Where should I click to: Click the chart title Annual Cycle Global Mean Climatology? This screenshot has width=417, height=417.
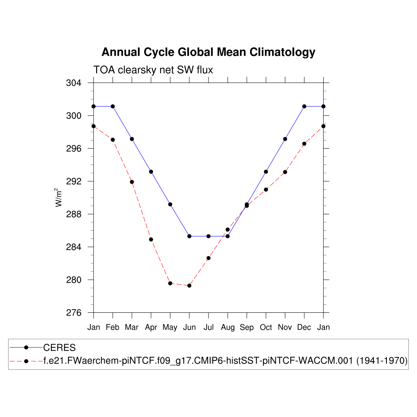[208, 52]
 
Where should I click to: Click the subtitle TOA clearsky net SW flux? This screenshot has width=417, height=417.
[153, 70]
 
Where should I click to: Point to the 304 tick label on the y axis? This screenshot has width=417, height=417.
[73, 83]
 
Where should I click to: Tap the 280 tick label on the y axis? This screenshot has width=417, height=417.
[73, 280]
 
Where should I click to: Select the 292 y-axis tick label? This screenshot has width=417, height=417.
[73, 181]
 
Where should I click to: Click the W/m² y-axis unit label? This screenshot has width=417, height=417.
[59, 197]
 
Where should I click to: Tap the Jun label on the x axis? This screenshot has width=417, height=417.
[189, 327]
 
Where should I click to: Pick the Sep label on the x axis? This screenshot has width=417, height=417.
[247, 327]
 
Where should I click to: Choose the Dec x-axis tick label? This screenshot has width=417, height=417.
[304, 327]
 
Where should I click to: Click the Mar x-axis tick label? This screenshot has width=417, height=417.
[132, 327]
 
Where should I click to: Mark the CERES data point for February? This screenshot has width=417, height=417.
[113, 106]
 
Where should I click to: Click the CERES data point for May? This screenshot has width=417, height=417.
[170, 204]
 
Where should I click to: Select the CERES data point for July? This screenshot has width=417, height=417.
[208, 236]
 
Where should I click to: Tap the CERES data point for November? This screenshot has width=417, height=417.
[285, 139]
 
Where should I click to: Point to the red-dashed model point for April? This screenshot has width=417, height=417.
[151, 239]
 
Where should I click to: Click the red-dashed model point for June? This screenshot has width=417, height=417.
[189, 285]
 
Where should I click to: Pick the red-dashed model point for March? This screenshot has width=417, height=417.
[132, 182]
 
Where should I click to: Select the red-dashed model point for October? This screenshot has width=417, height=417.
[266, 189]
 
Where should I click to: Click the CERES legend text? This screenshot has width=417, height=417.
[59, 348]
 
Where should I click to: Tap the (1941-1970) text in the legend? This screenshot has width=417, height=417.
[382, 361]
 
